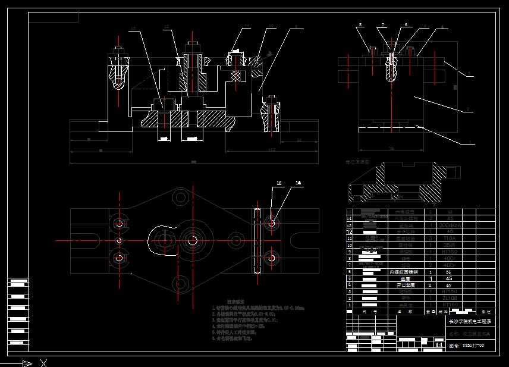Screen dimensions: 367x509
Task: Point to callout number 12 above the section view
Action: coord(166,26)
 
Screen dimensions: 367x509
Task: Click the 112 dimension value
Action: coord(272,150)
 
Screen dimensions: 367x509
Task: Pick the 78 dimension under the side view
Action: coord(391,148)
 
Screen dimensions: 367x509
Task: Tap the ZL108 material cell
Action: coord(450,298)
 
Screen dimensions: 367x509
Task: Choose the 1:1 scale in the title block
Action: coord(439,344)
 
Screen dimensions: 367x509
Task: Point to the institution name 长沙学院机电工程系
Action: coord(469,321)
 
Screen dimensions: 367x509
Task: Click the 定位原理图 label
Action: coord(357,161)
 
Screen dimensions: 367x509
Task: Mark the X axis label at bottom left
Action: coord(43,362)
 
